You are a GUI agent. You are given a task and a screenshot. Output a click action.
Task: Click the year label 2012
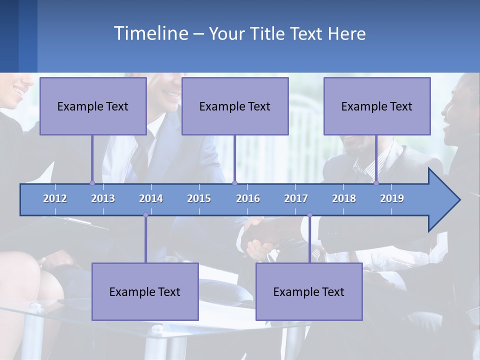coord(55,198)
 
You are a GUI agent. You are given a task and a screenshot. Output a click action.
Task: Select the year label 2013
coord(103,198)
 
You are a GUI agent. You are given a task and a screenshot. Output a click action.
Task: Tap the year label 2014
coord(151,198)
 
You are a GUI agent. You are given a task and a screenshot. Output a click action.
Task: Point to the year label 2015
coord(199,198)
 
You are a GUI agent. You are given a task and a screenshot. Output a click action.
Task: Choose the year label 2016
coord(248,198)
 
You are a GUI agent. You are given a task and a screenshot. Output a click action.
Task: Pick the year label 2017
coord(296,198)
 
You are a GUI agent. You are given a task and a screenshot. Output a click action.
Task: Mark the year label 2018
coord(344,198)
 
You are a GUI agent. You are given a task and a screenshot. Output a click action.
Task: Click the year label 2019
coord(392,198)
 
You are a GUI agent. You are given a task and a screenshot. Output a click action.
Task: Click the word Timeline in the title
coord(150,33)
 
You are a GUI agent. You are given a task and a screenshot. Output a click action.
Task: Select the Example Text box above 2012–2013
coord(93,106)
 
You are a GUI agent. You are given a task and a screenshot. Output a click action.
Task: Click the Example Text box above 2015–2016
coord(235,106)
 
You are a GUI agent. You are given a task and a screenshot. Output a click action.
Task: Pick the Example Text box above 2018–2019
coord(377,106)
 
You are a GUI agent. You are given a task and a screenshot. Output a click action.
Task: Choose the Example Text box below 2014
coord(145,291)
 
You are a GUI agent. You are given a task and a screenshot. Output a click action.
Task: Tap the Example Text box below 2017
coord(309,291)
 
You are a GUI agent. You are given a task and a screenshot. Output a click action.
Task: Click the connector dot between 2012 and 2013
coord(92,183)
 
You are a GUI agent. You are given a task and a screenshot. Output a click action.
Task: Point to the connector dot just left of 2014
coord(145,215)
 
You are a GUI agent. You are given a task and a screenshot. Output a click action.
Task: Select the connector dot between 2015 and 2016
coord(234,183)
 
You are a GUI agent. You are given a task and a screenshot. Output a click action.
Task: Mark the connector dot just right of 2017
coord(309,215)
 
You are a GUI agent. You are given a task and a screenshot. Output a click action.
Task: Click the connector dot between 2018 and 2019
coord(376,183)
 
